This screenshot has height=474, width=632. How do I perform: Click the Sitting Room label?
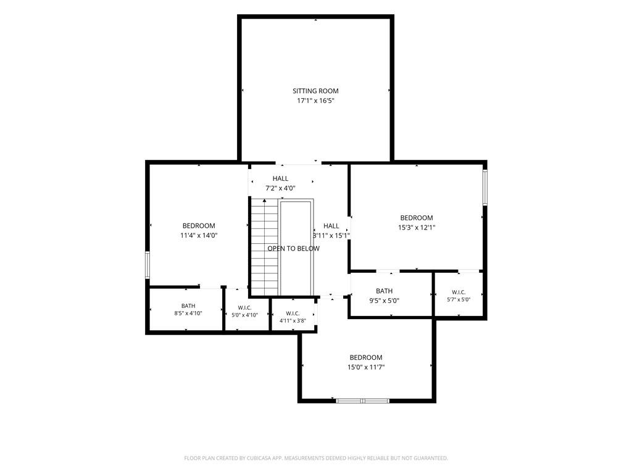tap(315, 91)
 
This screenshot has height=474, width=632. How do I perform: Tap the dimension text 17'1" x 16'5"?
tap(315, 101)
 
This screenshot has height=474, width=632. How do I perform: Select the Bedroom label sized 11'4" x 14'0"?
tap(199, 226)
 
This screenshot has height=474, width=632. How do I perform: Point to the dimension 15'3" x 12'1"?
tap(417, 227)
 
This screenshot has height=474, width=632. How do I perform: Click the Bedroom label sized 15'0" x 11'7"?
tap(366, 357)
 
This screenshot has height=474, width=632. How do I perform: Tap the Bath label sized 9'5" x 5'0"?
tap(384, 291)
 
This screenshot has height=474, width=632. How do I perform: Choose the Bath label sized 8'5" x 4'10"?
tap(188, 306)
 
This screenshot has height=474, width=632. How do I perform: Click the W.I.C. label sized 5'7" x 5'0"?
tap(459, 292)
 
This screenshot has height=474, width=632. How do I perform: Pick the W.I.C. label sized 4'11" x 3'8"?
tap(293, 314)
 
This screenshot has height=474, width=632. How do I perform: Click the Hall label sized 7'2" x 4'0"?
tap(280, 178)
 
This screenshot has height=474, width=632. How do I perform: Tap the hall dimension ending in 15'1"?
tap(331, 235)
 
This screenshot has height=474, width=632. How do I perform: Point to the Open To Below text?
tap(293, 249)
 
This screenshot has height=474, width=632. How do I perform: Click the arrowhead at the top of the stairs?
tap(264, 200)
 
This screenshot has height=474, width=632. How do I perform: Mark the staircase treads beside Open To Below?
tap(265, 247)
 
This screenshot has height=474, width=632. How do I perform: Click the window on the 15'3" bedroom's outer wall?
tap(485, 188)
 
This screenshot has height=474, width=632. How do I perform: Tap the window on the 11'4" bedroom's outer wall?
tap(148, 265)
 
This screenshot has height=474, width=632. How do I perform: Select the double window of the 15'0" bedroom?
tap(363, 401)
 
